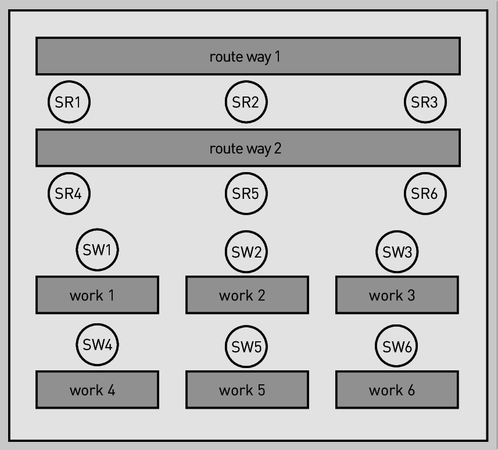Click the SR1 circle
(x=69, y=102)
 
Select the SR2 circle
(x=246, y=102)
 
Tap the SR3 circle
(x=425, y=102)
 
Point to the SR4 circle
(x=69, y=194)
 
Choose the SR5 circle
(x=246, y=194)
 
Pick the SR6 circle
(x=425, y=194)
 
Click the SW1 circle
(x=97, y=250)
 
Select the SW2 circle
(x=246, y=252)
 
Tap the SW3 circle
(x=397, y=252)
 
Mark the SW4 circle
(x=97, y=345)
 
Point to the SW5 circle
(x=246, y=347)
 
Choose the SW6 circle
(x=396, y=346)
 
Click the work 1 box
(x=97, y=295)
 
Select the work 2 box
(x=247, y=295)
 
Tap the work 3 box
(x=397, y=295)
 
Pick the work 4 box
(x=97, y=390)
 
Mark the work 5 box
(x=247, y=390)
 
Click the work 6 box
(x=397, y=390)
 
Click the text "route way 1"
(x=245, y=57)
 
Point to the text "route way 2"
(x=245, y=149)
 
